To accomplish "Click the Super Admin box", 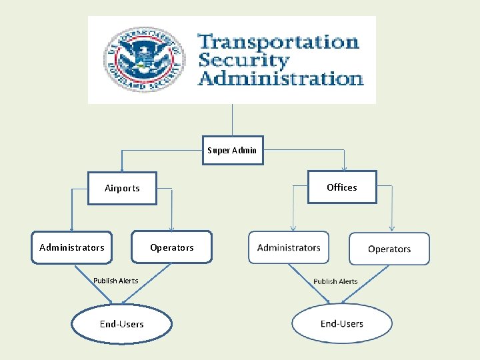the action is (x=231, y=150).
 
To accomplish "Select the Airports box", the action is (x=122, y=188).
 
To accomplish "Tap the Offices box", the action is (x=342, y=187).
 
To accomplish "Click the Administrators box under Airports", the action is (x=72, y=247).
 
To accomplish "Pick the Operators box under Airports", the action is (x=172, y=247).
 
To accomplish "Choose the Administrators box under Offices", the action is (x=289, y=247).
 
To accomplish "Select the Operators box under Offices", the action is (x=389, y=249).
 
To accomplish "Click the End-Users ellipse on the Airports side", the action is (x=121, y=324).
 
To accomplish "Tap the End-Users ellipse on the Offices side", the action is (x=341, y=324).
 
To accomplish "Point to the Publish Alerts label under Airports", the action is (x=116, y=281).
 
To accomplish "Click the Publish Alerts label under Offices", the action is (x=335, y=281).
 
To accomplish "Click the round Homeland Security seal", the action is (x=144, y=61).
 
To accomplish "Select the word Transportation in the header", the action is (x=279, y=42).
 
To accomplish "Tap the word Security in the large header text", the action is (x=244, y=60).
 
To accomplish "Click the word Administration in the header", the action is (x=281, y=78).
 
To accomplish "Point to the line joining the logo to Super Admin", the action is (x=232, y=120).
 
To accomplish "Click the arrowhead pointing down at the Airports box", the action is (x=121, y=169).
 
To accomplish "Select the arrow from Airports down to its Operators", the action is (x=172, y=210).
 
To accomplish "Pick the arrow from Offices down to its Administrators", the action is (x=293, y=210).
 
